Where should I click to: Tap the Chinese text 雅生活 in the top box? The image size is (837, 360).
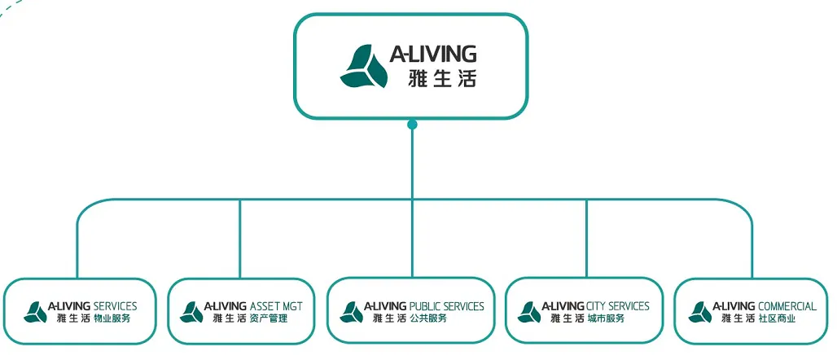pyautogui.click(x=441, y=78)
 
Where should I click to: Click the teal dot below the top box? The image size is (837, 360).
pyautogui.click(x=411, y=125)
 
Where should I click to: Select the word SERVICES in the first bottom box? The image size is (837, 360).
pyautogui.click(x=116, y=306)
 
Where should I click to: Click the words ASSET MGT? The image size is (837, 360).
pyautogui.click(x=276, y=306)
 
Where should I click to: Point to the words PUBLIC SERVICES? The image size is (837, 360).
pyautogui.click(x=446, y=306)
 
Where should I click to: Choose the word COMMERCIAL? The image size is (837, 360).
pyautogui.click(x=787, y=306)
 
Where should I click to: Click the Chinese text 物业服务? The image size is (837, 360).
pyautogui.click(x=112, y=319)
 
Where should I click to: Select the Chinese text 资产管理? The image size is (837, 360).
pyautogui.click(x=269, y=319)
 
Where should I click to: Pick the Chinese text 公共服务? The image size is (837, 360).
pyautogui.click(x=428, y=319)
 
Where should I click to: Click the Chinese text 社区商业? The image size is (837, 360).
pyautogui.click(x=778, y=319)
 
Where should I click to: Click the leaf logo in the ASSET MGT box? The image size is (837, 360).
pyautogui.click(x=191, y=313)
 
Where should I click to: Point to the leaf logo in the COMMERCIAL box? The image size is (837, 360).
pyautogui.click(x=700, y=313)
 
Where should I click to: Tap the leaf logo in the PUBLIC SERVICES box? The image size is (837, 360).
pyautogui.click(x=351, y=313)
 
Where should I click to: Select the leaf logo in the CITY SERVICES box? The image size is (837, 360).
pyautogui.click(x=529, y=313)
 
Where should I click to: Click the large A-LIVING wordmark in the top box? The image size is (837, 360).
pyautogui.click(x=433, y=54)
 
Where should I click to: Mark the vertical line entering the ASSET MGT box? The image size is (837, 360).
pyautogui.click(x=239, y=239)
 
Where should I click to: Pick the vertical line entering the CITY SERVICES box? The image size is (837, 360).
pyautogui.click(x=586, y=239)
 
